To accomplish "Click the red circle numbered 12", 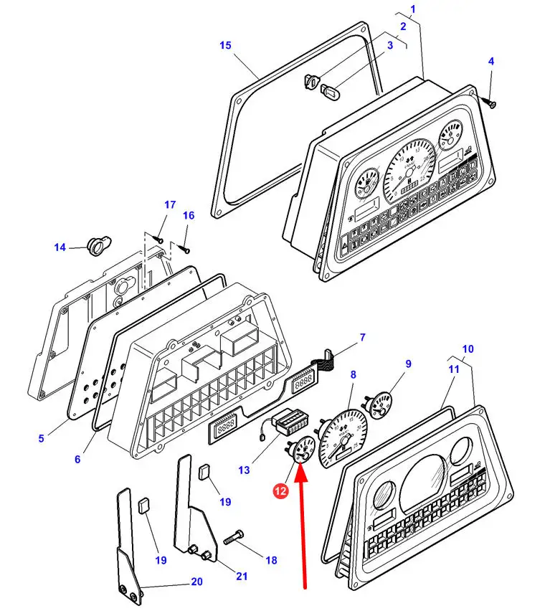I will pyautogui.click(x=281, y=492).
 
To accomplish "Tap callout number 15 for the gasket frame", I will pyautogui.click(x=226, y=46).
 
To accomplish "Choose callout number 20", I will pyautogui.click(x=196, y=582).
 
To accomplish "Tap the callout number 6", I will pyautogui.click(x=77, y=459).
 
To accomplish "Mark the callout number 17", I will pyautogui.click(x=170, y=205).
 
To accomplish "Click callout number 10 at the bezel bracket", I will pyautogui.click(x=468, y=349).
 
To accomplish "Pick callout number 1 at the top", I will pyautogui.click(x=412, y=10).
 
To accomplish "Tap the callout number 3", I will pyautogui.click(x=390, y=46).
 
